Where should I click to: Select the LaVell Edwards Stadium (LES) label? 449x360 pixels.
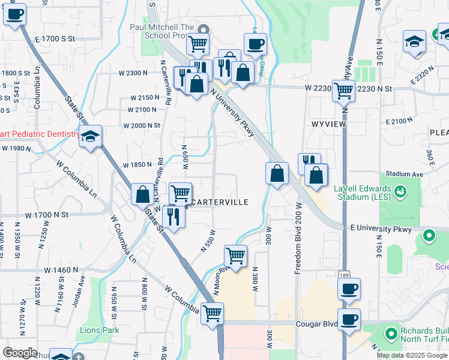pyautogui.click(x=363, y=193)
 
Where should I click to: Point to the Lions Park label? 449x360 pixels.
pyautogui.click(x=100, y=330)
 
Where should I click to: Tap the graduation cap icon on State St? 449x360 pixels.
pyautogui.click(x=90, y=137)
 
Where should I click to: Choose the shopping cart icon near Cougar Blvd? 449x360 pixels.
pyautogui.click(x=212, y=313)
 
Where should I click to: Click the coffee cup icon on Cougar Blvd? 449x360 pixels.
pyautogui.click(x=349, y=319)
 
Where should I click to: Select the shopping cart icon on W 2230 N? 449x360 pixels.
pyautogui.click(x=343, y=91)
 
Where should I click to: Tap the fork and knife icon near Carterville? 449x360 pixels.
pyautogui.click(x=173, y=215)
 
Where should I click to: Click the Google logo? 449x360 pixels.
pyautogui.click(x=20, y=353)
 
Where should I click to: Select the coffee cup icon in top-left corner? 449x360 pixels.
pyautogui.click(x=15, y=14)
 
